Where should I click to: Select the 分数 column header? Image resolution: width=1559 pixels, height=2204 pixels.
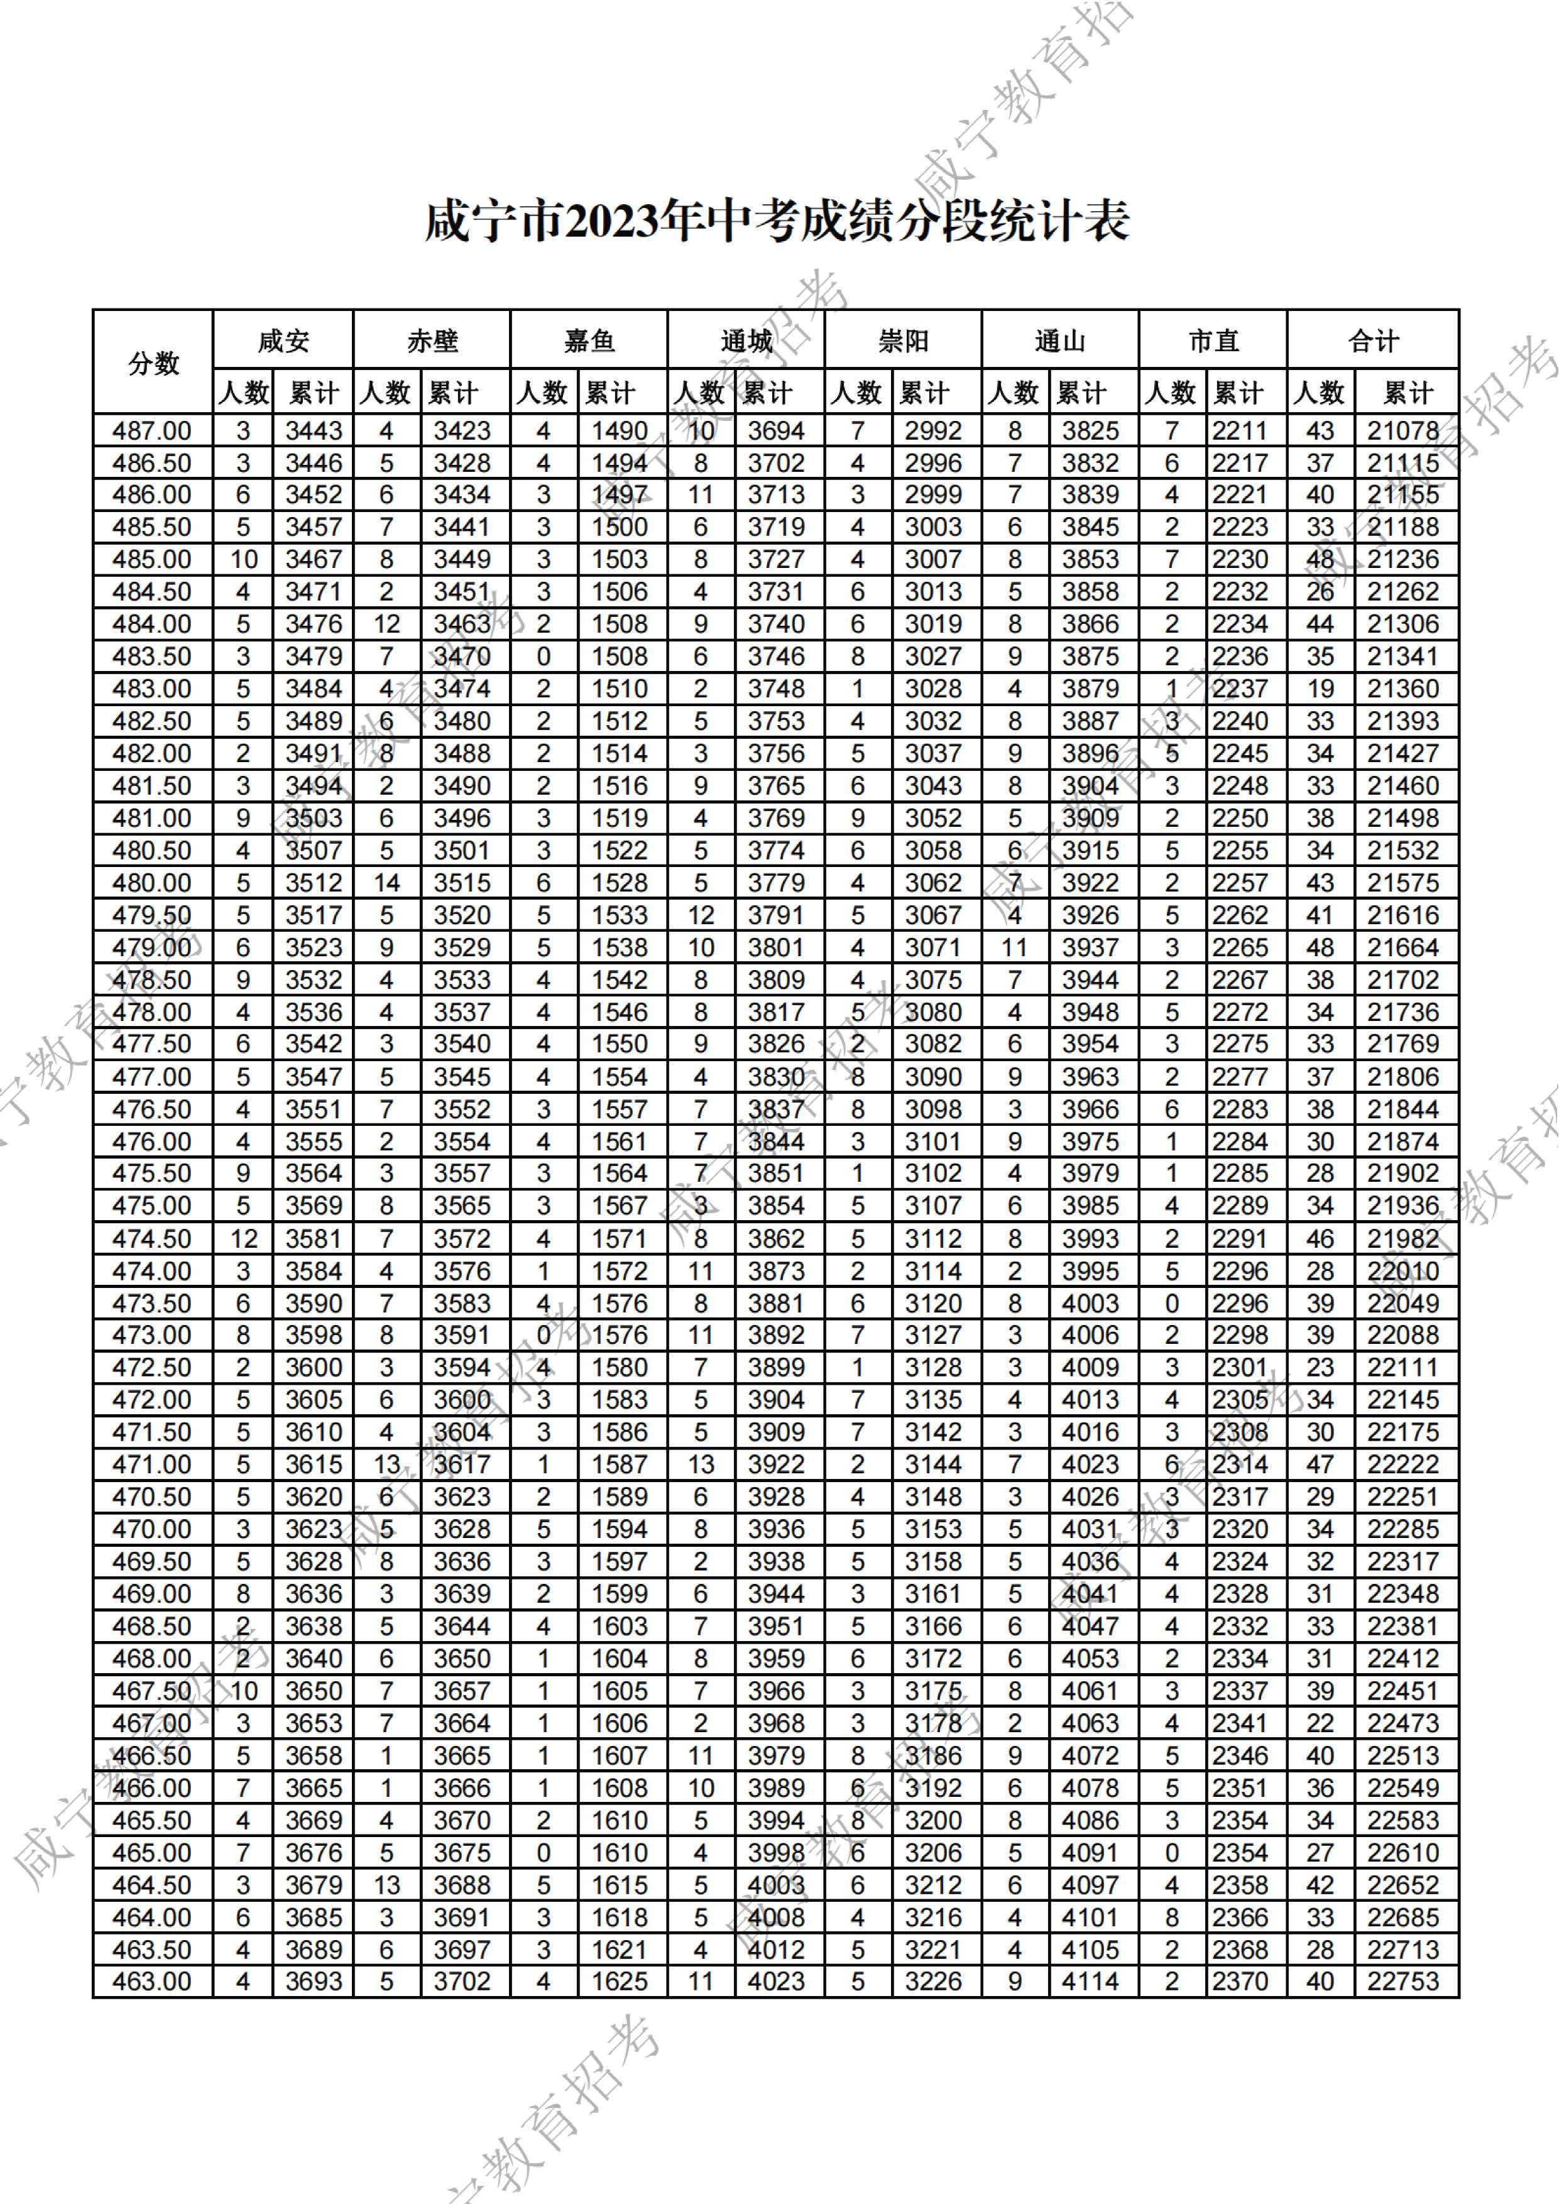click(153, 363)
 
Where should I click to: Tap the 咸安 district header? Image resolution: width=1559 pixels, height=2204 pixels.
click(283, 341)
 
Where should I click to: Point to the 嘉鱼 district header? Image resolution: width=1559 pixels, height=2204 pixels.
click(588, 341)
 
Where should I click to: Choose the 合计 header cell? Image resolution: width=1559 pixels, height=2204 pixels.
click(1373, 341)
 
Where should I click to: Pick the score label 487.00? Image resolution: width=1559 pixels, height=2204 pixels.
click(151, 431)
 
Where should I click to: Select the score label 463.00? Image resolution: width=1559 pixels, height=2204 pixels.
click(151, 1982)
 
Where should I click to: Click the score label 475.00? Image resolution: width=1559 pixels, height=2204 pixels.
click(151, 1206)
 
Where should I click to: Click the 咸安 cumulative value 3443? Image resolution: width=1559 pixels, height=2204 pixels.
click(314, 431)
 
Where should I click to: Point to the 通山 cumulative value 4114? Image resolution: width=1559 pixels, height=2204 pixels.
click(1090, 1982)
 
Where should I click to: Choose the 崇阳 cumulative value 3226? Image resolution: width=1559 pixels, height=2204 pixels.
click(933, 1982)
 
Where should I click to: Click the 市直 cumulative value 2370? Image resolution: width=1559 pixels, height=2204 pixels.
click(1240, 1982)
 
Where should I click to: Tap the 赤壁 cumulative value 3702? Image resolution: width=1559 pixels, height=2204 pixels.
click(462, 1982)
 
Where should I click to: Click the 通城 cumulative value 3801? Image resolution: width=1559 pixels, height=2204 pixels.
click(777, 947)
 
